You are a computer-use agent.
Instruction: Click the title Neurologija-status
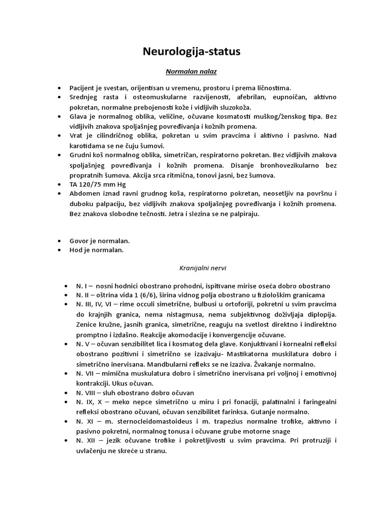click(191, 51)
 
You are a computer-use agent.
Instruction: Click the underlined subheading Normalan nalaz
click(191, 72)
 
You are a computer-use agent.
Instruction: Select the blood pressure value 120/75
click(89, 184)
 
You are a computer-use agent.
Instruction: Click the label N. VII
click(87, 374)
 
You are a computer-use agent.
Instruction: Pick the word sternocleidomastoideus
click(144, 422)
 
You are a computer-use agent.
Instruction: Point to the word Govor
click(79, 241)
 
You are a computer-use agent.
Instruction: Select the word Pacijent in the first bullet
click(82, 87)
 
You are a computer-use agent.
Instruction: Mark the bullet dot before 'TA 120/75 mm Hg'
click(60, 184)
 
